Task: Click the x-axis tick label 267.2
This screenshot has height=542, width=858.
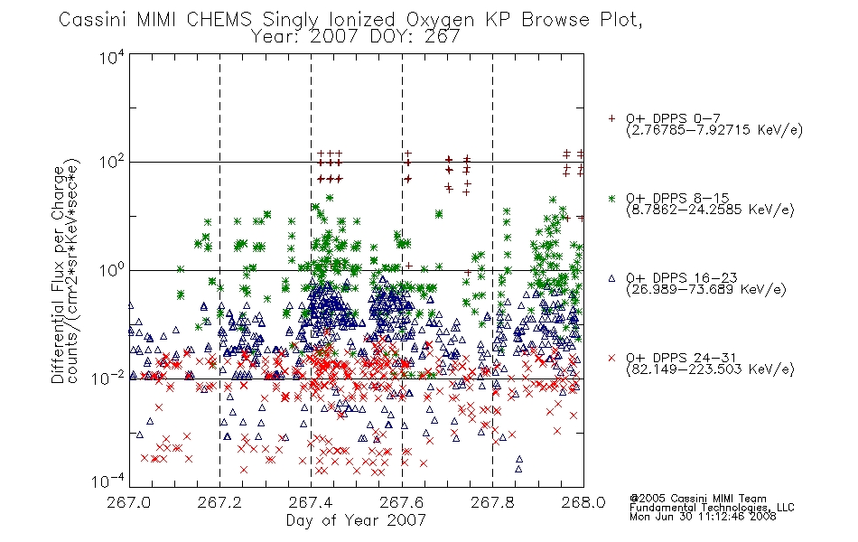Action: (219, 502)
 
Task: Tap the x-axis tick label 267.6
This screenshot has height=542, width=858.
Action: (402, 502)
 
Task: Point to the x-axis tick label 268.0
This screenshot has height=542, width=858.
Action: (583, 502)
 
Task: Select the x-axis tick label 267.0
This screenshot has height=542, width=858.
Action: (128, 502)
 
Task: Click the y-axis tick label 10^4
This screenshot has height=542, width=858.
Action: (112, 57)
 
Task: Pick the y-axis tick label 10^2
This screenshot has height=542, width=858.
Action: (112, 162)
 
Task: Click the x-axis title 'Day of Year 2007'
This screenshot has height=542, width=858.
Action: (356, 520)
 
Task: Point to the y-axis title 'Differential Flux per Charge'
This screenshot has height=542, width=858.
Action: (58, 275)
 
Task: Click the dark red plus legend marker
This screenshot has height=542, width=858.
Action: (611, 118)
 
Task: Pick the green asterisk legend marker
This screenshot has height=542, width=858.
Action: (611, 198)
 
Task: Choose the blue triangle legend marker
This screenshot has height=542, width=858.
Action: (611, 278)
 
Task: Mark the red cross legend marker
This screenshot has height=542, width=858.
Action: (611, 358)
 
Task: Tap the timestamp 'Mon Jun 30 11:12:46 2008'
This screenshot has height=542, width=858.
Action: (703, 516)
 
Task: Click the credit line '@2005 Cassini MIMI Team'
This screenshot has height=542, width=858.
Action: (698, 499)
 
